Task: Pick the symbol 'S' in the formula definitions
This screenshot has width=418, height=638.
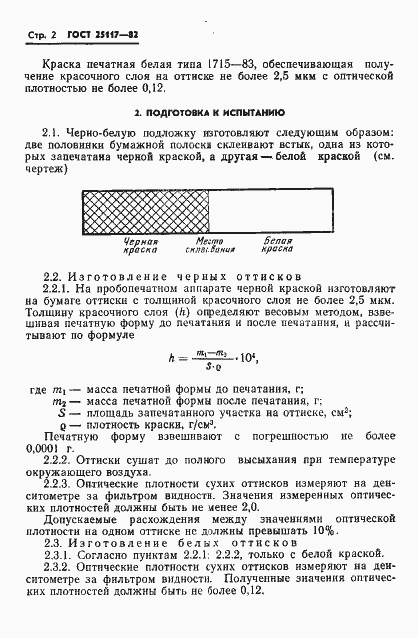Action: pyautogui.click(x=62, y=409)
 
